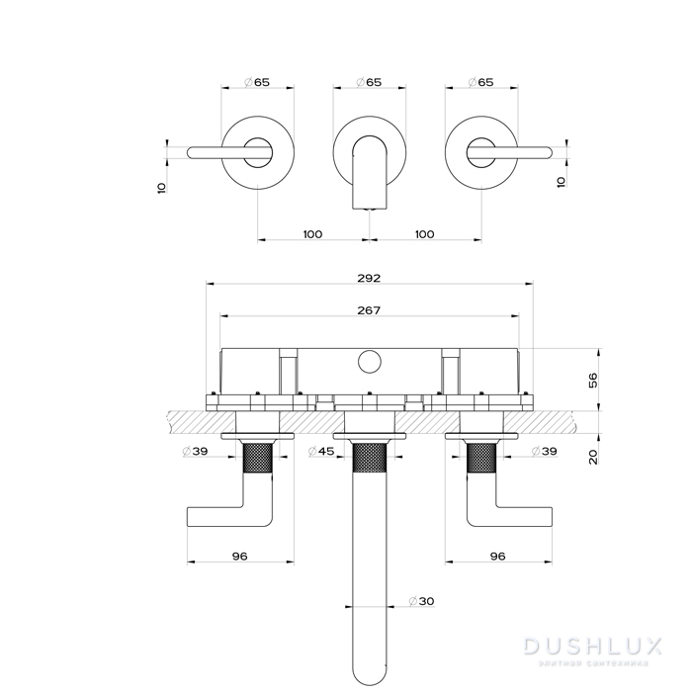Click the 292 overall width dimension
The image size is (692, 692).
[370, 278]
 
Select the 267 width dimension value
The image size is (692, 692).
[370, 309]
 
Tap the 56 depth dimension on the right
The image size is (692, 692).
[594, 380]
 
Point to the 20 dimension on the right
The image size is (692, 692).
[594, 457]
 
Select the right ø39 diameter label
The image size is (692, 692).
[542, 452]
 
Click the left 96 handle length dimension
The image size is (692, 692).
[239, 557]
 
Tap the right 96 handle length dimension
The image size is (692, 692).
[497, 557]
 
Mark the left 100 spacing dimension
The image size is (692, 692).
[313, 233]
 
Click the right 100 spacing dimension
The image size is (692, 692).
[425, 233]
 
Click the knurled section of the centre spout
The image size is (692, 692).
[369, 459]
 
